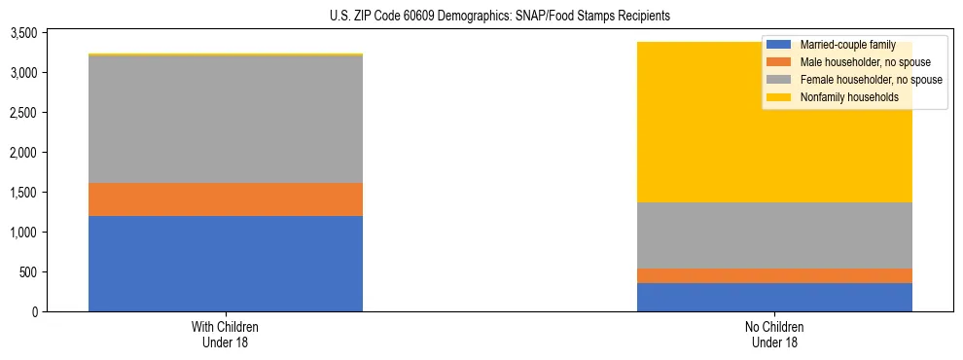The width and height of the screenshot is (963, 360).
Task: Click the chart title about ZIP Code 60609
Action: pyautogui.click(x=481, y=17)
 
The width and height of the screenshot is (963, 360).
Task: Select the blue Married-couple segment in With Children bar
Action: pyautogui.click(x=225, y=264)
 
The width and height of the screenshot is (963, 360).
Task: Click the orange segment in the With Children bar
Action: pyautogui.click(x=225, y=199)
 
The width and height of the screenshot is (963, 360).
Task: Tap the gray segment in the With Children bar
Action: pyautogui.click(x=225, y=119)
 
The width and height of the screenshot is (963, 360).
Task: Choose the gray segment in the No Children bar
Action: pyautogui.click(x=774, y=235)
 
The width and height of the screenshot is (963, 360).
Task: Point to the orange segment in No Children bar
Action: pyautogui.click(x=774, y=275)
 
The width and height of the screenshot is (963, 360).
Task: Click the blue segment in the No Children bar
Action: pyautogui.click(x=774, y=297)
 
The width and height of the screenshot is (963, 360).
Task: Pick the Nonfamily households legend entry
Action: pyautogui.click(x=848, y=97)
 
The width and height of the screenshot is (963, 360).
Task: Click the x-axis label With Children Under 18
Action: pyautogui.click(x=225, y=334)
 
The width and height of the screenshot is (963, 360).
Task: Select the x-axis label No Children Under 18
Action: pyautogui.click(x=774, y=334)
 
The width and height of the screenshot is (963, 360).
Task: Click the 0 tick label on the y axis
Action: pyautogui.click(x=34, y=311)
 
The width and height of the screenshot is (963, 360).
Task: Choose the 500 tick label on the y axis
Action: pyautogui.click(x=28, y=272)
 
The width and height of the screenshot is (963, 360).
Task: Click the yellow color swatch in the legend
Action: pyautogui.click(x=779, y=97)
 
